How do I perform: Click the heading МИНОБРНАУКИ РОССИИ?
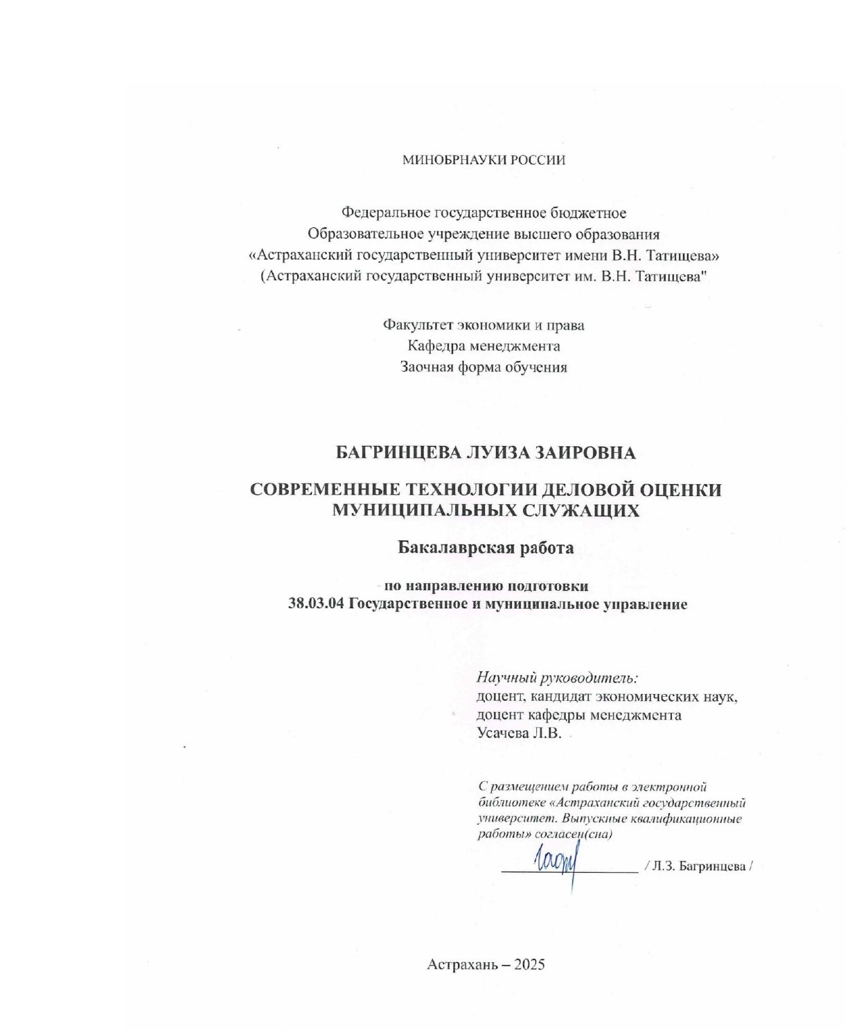[x=484, y=160]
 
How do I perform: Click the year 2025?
[x=529, y=964]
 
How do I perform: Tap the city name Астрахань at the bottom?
[x=462, y=964]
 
